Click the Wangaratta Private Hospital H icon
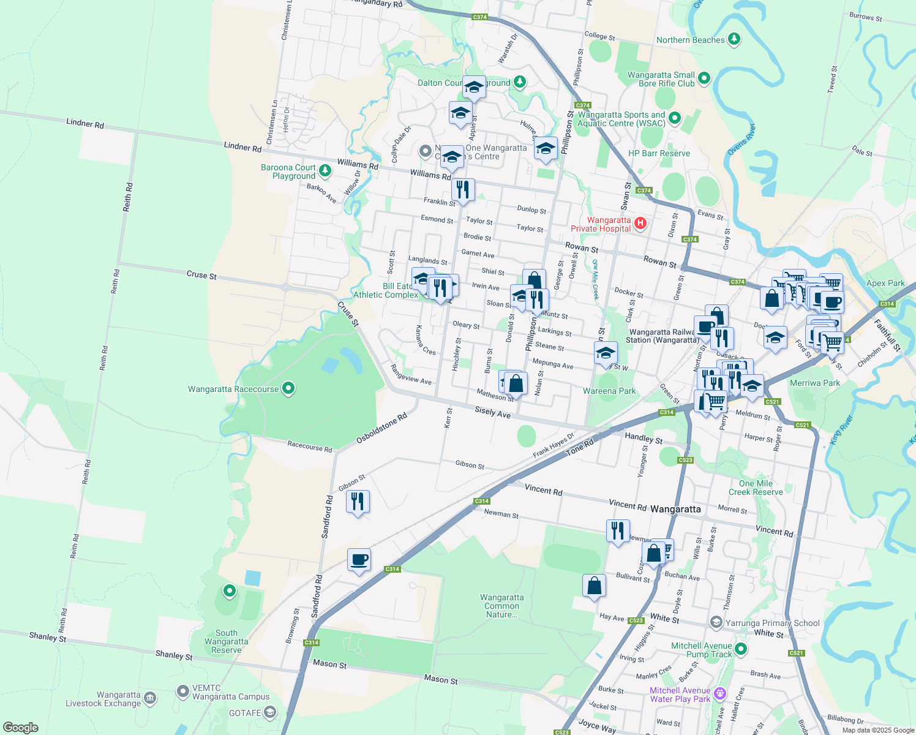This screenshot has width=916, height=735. pos(640,223)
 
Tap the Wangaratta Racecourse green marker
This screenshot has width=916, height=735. pos(289,388)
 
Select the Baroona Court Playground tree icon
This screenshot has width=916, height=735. pos(325,171)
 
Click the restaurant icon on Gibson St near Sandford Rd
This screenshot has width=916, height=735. pos(358,502)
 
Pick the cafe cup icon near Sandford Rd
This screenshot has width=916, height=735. pos(359,559)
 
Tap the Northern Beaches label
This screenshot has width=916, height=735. pos(690,40)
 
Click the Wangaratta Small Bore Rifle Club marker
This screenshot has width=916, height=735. pos(704,78)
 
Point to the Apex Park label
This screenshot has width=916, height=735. pos(885,283)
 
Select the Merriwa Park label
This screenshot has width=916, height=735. pos(814,383)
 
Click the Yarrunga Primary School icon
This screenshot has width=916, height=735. pos(716,623)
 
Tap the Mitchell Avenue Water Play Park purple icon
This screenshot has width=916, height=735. pos(720,693)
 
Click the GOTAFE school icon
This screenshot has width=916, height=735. pos(270,712)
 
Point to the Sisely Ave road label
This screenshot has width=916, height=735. pos(493,412)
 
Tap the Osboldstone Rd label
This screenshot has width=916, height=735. pos(381,429)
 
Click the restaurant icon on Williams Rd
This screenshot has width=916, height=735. pos(463,190)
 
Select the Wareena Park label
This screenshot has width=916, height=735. pos(609,391)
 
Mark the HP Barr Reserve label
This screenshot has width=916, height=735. pos(659,154)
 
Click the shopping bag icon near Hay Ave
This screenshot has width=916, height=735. pos(594,586)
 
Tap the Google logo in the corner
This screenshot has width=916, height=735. pos(20,728)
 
